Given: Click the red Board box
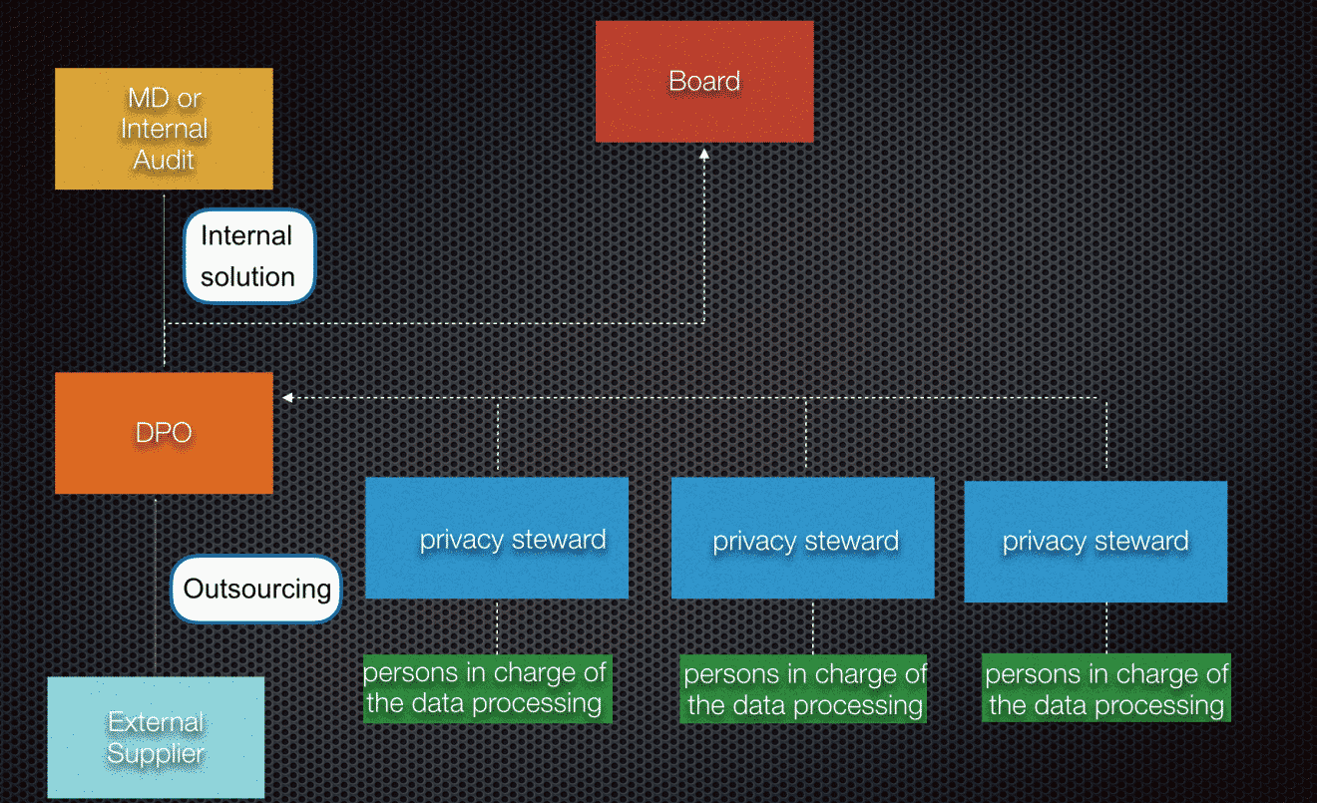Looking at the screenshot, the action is pos(704,82).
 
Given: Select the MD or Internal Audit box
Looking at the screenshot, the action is pos(164,129).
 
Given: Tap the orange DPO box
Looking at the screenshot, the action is pos(164,433).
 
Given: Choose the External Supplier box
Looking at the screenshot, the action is pos(156,737).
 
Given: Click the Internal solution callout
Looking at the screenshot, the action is pos(249,256).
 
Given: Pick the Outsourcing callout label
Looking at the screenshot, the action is pos(256,589).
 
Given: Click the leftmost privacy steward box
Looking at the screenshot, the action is pos(497,538).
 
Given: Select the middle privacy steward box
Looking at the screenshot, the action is pos(802,538).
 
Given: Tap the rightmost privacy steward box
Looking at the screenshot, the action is pos(1096,542).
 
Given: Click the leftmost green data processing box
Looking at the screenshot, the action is pos(488,688).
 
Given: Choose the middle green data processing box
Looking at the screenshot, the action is pos(803,689).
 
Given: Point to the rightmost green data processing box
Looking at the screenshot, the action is pos(1105,687).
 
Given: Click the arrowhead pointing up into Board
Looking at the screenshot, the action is pos(703,154).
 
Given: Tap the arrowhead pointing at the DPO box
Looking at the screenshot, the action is pos(287,398).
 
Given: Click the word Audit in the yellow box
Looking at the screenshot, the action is pos(164,160).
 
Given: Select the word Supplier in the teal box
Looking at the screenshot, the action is pos(156,753).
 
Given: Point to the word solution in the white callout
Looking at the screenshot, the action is pos(247,277).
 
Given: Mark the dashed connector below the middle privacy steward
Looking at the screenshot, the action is pos(813,626).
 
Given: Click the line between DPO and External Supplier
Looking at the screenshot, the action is pos(156,586).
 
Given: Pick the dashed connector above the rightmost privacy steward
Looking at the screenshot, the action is pos(1106,436).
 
